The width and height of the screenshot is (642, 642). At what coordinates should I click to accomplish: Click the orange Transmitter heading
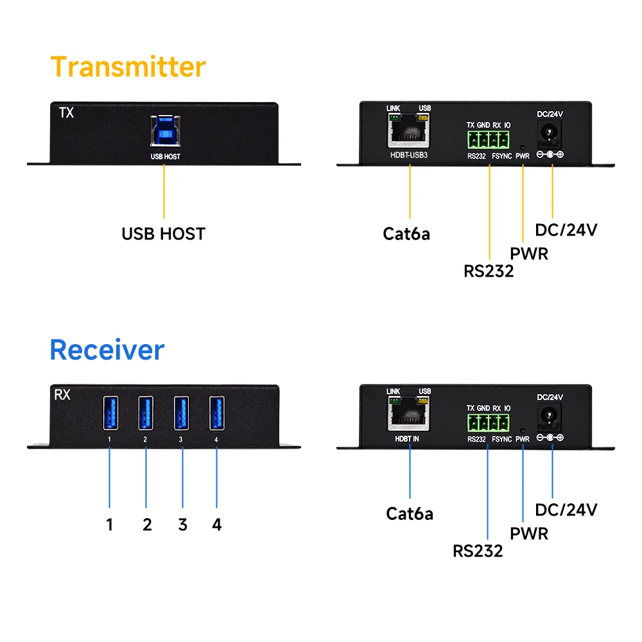pyautogui.click(x=128, y=67)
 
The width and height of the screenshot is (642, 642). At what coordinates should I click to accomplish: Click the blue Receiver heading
pyautogui.click(x=107, y=350)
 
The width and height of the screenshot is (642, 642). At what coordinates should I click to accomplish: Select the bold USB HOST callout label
pyautogui.click(x=163, y=234)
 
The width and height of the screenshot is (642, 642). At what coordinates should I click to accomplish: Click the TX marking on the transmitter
pyautogui.click(x=66, y=113)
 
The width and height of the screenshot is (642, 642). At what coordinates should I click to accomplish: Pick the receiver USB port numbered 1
pyautogui.click(x=110, y=415)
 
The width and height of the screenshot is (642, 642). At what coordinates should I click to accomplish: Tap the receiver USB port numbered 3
pyautogui.click(x=182, y=415)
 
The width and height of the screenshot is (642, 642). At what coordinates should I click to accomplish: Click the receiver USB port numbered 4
pyautogui.click(x=217, y=415)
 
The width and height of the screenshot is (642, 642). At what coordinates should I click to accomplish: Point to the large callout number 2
pyautogui.click(x=147, y=525)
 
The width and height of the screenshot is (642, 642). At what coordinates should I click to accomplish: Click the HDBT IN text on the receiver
pyautogui.click(x=407, y=438)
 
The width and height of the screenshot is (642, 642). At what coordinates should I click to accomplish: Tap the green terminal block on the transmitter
pyautogui.click(x=488, y=138)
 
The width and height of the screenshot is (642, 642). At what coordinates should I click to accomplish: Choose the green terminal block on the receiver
pyautogui.click(x=488, y=422)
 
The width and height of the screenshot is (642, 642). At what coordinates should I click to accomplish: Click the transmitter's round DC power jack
pyautogui.click(x=550, y=134)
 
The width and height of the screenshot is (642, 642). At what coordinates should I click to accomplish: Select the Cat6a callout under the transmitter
pyautogui.click(x=406, y=234)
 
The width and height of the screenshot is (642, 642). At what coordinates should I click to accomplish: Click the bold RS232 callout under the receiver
pyautogui.click(x=478, y=550)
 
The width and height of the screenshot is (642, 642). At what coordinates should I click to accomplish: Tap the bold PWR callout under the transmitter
pyautogui.click(x=529, y=253)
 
